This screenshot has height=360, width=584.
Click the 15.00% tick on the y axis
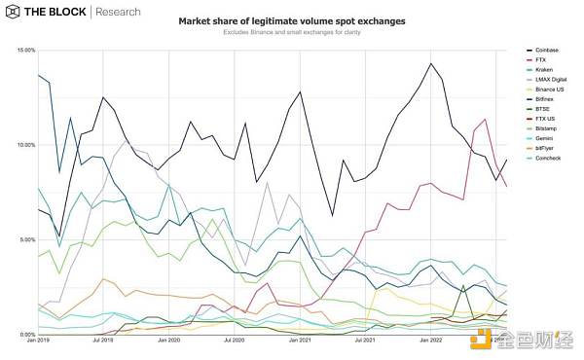tap(23, 50)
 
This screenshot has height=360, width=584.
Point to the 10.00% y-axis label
tap(23, 145)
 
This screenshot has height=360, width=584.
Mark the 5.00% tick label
tap(24, 239)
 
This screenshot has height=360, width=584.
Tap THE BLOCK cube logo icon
tap(14, 13)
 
